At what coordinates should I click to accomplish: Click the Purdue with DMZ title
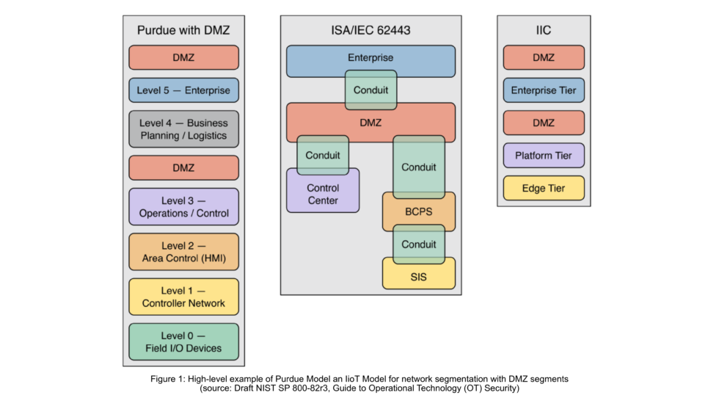(x=183, y=30)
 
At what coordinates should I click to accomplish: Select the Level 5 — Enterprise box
(x=183, y=90)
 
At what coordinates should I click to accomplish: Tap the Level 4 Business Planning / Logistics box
(x=183, y=129)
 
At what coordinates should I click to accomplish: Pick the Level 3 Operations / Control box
(x=183, y=207)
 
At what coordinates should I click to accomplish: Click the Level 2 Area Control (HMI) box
(x=183, y=252)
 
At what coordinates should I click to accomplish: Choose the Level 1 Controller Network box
(x=183, y=297)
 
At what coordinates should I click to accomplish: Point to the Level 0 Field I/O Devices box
(x=183, y=341)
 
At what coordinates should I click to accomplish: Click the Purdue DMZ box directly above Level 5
(x=183, y=57)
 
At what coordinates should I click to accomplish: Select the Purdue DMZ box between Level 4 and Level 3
(x=183, y=167)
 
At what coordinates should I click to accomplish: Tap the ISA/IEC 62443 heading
(x=371, y=30)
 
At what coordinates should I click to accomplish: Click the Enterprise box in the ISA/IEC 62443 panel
(x=371, y=58)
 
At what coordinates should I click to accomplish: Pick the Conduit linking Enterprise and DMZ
(x=371, y=90)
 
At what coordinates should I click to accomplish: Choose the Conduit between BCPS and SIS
(x=418, y=244)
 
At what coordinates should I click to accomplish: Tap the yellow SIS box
(x=418, y=277)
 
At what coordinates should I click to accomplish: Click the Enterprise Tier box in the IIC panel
(x=544, y=90)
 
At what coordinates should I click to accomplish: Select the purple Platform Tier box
(x=544, y=156)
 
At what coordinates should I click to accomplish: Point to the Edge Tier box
(x=544, y=188)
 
